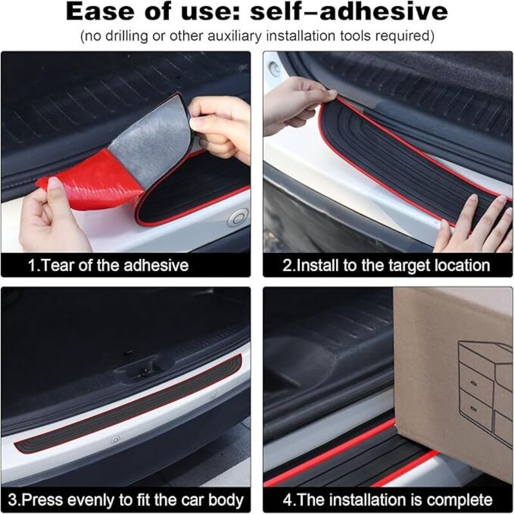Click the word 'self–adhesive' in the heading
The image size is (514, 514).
coord(349,12)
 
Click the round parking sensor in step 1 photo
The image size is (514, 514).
coord(238,217)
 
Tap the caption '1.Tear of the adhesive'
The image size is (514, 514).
coord(108,265)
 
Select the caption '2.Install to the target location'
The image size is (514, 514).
coord(386,265)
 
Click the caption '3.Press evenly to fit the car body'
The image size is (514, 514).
coord(126,501)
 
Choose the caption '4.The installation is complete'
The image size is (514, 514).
coord(387,501)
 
